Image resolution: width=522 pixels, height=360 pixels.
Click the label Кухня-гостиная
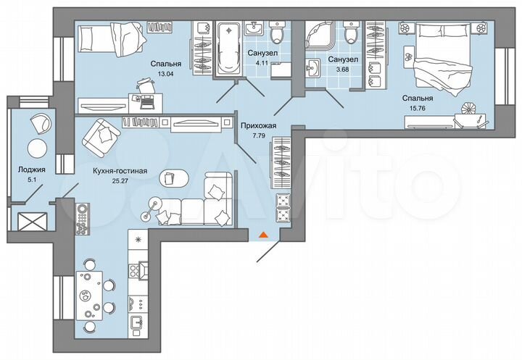point(120,171)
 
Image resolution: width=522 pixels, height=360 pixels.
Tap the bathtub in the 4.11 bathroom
point(228,49)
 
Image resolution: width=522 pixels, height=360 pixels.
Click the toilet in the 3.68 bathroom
point(352,34)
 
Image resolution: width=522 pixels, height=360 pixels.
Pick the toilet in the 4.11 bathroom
point(276,35)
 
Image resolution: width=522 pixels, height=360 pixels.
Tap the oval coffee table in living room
point(168,177)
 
